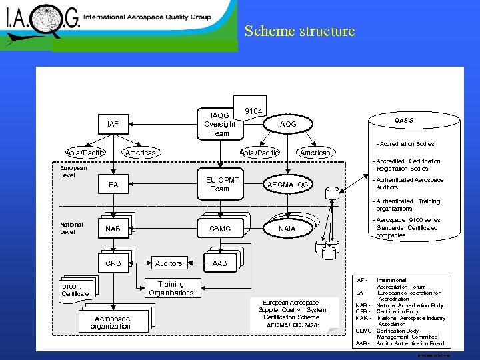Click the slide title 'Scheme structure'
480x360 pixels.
click(299, 31)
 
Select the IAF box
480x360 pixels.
click(113, 124)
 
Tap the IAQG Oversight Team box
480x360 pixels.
click(219, 124)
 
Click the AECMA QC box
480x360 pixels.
click(287, 185)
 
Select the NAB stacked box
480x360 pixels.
click(113, 229)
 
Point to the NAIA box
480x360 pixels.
click(287, 229)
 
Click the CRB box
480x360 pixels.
click(113, 263)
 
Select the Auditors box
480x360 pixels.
click(168, 263)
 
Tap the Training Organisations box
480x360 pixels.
click(171, 289)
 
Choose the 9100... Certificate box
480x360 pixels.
click(75, 289)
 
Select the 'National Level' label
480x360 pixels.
click(72, 229)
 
